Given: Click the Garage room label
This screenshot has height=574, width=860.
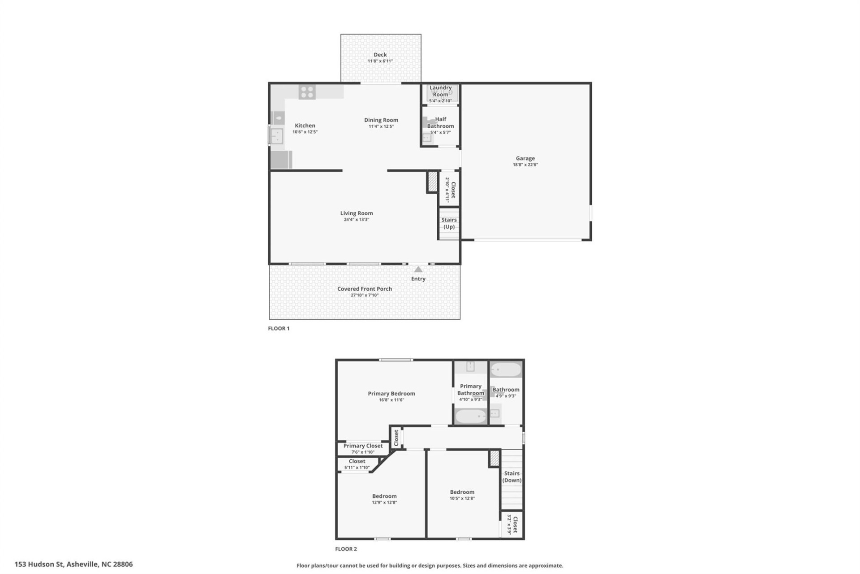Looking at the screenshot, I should [525, 158].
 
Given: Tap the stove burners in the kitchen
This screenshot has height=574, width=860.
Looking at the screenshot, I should [307, 92].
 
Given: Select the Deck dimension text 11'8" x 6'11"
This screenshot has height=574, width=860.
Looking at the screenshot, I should [380, 61].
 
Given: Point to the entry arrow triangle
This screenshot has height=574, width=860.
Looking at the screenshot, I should [418, 270].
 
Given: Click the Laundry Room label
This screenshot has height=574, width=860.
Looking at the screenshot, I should [440, 91].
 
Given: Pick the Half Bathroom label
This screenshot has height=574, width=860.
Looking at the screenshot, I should [440, 122].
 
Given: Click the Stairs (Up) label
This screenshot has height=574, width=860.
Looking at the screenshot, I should [449, 223].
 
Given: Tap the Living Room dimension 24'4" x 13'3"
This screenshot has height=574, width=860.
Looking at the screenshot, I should [356, 220].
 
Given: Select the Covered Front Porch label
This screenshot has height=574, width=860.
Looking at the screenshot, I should [364, 289].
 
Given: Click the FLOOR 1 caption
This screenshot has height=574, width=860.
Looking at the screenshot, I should [279, 328].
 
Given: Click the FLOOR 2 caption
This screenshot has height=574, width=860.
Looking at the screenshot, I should [346, 549].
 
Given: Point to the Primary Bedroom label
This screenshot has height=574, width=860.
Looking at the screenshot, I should [391, 393].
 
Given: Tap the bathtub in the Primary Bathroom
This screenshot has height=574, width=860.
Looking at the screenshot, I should [470, 416].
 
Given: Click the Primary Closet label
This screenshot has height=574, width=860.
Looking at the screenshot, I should [363, 446].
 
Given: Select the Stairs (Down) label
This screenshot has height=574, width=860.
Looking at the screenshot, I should [512, 477].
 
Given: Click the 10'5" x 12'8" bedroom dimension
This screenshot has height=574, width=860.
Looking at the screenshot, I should [462, 498].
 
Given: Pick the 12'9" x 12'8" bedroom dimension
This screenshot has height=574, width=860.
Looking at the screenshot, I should [384, 502].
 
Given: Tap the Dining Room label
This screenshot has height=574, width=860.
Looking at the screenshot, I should [381, 120].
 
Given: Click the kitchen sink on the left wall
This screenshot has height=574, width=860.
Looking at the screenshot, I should [276, 136].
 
